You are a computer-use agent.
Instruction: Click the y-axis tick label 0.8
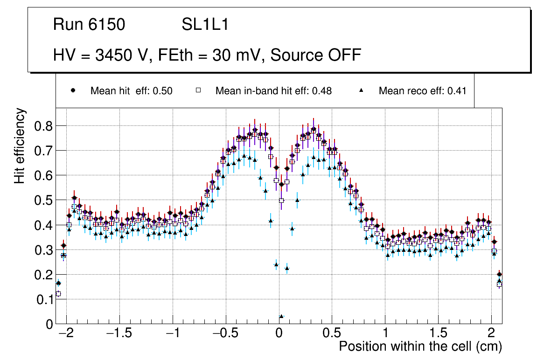[x=45, y=126]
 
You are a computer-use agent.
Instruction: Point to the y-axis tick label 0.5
[x=45, y=201]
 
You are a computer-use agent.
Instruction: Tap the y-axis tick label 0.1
[x=45, y=300]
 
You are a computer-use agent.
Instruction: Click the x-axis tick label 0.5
[x=332, y=334]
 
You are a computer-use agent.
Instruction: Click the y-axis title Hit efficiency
[x=20, y=145]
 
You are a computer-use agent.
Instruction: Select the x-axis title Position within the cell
[x=420, y=347]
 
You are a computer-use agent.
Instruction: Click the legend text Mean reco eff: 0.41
[x=422, y=91]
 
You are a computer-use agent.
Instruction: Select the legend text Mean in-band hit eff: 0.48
[x=273, y=91]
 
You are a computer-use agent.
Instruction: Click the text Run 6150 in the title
[x=89, y=24]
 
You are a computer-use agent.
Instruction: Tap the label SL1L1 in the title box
[x=205, y=24]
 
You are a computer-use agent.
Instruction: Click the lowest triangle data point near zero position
[x=281, y=316]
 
